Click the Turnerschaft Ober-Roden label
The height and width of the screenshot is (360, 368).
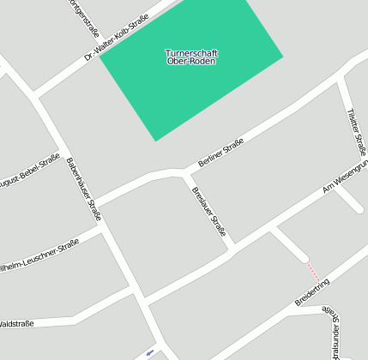190,57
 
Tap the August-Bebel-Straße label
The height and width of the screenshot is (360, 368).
28,171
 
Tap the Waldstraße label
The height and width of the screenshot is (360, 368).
15,324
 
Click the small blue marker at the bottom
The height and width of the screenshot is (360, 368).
150,352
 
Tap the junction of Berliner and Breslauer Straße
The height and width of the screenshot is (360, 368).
184,171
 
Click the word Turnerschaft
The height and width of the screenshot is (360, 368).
190,53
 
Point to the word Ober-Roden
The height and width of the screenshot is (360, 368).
191,62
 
